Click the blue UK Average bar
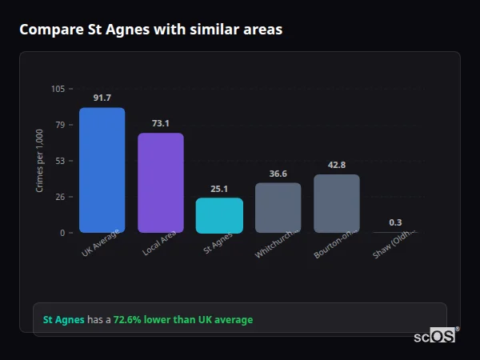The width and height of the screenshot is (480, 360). (x=102, y=170)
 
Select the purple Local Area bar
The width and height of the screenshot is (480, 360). (x=160, y=183)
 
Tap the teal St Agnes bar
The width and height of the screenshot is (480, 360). (x=219, y=215)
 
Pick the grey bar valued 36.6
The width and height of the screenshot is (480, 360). (x=278, y=208)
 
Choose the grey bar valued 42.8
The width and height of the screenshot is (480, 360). (x=337, y=203)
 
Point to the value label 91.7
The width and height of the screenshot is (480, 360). (x=102, y=98)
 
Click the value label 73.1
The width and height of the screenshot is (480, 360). (x=161, y=123)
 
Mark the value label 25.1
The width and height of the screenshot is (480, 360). (x=219, y=189)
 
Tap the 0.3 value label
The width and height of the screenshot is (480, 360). (x=395, y=222)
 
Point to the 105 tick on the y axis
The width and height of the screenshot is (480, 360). (x=58, y=89)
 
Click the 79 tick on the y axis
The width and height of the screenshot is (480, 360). (x=60, y=125)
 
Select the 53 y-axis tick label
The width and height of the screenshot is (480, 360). (x=60, y=161)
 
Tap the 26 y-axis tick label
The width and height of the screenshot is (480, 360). (x=60, y=197)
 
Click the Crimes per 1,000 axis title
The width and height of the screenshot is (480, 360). (x=40, y=162)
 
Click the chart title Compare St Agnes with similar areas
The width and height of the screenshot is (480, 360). (x=150, y=30)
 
